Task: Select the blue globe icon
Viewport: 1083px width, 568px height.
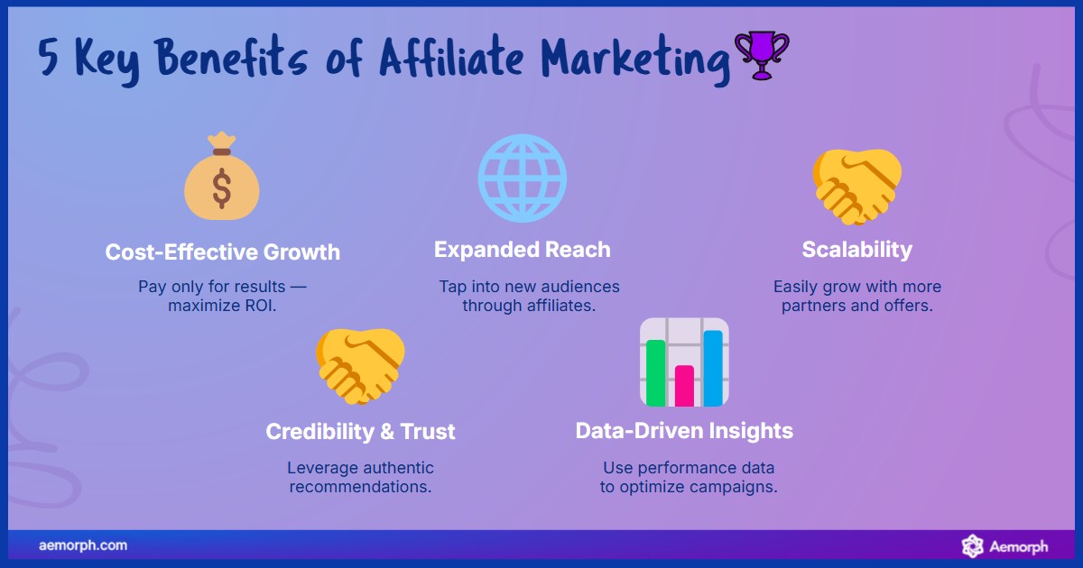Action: pyautogui.click(x=522, y=178)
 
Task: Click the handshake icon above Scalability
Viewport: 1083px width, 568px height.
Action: pyautogui.click(x=856, y=187)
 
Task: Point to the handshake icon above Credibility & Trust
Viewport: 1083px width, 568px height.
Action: pyautogui.click(x=360, y=365)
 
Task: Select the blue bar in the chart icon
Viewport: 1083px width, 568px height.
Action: pyautogui.click(x=713, y=368)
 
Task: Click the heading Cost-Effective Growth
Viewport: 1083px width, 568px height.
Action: pyautogui.click(x=223, y=252)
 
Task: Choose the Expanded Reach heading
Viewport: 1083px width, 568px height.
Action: pyautogui.click(x=522, y=250)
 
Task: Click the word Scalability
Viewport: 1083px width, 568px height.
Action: pyautogui.click(x=856, y=250)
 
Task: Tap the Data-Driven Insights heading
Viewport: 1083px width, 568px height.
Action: pyautogui.click(x=684, y=431)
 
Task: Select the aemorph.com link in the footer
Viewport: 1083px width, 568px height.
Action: pyautogui.click(x=83, y=545)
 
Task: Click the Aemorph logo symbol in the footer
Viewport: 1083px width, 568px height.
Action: pyautogui.click(x=972, y=545)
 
